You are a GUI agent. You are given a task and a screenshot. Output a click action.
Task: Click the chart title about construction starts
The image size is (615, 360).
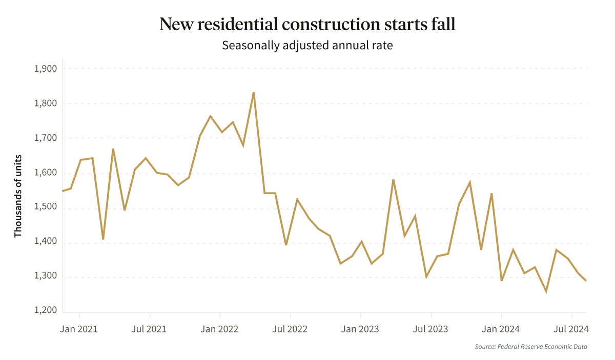[x=307, y=24]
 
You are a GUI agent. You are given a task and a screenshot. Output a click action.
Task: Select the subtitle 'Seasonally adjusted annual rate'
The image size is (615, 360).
[x=307, y=45]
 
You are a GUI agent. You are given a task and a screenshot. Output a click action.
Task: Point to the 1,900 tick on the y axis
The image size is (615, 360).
[x=45, y=69]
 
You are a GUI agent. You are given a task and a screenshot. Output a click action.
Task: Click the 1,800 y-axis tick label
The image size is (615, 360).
[x=45, y=103]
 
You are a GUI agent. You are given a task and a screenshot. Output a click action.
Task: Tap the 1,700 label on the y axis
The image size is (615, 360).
[x=45, y=138]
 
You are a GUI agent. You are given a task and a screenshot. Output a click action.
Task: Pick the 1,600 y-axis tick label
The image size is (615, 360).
[x=45, y=173]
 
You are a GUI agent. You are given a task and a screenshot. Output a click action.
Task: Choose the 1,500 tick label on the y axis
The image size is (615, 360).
[x=45, y=208]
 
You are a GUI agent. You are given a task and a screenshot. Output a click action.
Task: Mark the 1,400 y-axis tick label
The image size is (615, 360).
[x=45, y=243]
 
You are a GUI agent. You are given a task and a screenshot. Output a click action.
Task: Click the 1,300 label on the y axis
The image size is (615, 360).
[x=45, y=277]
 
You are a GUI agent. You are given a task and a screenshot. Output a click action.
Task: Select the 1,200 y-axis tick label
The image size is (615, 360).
[x=45, y=311]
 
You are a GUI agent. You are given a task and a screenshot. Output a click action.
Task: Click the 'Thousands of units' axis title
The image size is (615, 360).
[x=18, y=196]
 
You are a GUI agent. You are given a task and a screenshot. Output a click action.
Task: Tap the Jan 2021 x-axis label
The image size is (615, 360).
[x=79, y=329]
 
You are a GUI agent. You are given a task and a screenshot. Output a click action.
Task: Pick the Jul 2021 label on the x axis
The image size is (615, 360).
[x=150, y=329]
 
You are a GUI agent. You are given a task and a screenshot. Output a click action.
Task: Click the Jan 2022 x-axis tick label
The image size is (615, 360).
[x=220, y=329]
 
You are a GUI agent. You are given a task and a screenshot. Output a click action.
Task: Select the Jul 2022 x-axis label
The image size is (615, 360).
[x=291, y=329]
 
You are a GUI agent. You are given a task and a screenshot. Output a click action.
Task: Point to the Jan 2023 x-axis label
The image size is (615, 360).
[x=361, y=329]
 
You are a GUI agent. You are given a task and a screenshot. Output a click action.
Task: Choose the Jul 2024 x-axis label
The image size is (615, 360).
[x=571, y=329]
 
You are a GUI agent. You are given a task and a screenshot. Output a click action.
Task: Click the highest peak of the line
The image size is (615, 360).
[x=254, y=93]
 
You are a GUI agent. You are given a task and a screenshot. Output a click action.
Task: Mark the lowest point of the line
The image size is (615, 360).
[x=546, y=291]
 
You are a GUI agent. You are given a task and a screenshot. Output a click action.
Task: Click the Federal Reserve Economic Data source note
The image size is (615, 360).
[x=531, y=347]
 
